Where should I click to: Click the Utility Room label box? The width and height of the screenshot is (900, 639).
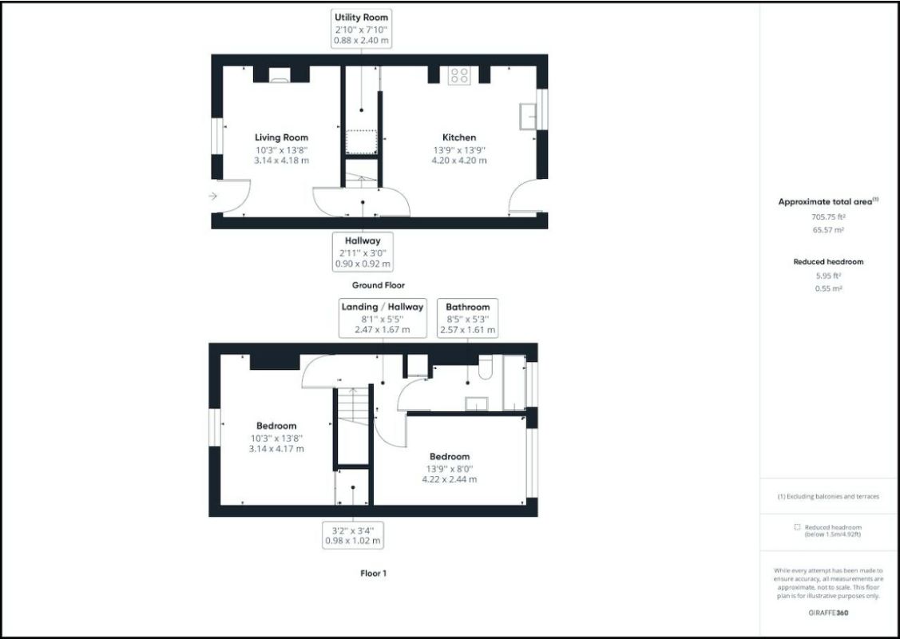362,29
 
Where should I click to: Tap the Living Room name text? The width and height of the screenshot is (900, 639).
281,137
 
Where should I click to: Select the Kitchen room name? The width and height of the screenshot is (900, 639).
459,137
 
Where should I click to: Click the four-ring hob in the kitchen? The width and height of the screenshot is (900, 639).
459,76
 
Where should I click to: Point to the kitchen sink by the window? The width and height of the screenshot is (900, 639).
528,116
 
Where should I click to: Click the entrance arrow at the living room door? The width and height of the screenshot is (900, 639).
213,196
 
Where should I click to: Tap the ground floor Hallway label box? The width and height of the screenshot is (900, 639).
363,252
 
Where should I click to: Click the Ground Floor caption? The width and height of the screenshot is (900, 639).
378,285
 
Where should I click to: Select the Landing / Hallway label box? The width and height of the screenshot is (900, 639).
383,318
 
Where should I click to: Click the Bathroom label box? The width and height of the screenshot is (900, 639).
468,318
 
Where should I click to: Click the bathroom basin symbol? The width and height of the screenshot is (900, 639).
477,403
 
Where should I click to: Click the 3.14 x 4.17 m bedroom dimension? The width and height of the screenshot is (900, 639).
276,449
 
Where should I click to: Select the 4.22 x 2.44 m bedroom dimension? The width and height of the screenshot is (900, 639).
450,479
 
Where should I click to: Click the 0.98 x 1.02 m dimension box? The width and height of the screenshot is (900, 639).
353,534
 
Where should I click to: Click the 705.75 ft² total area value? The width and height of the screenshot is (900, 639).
828,216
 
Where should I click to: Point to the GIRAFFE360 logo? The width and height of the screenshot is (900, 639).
828,613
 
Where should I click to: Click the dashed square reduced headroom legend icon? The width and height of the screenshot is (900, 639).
796,527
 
